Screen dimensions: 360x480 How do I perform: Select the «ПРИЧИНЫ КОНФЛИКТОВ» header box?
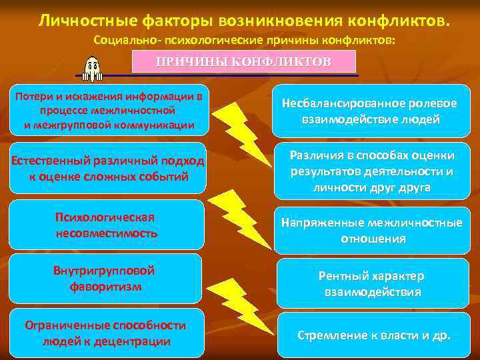pos(243,61)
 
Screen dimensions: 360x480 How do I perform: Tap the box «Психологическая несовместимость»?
pos(107,225)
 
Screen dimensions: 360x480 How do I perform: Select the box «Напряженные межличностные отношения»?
pos(371,230)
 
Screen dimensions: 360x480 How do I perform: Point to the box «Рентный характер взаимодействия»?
pos(371,283)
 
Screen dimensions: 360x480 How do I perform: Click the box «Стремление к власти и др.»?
pos(373,335)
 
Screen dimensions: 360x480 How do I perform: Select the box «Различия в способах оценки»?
pos(371,171)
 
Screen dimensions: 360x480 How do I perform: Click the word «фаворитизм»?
pos(105,287)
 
